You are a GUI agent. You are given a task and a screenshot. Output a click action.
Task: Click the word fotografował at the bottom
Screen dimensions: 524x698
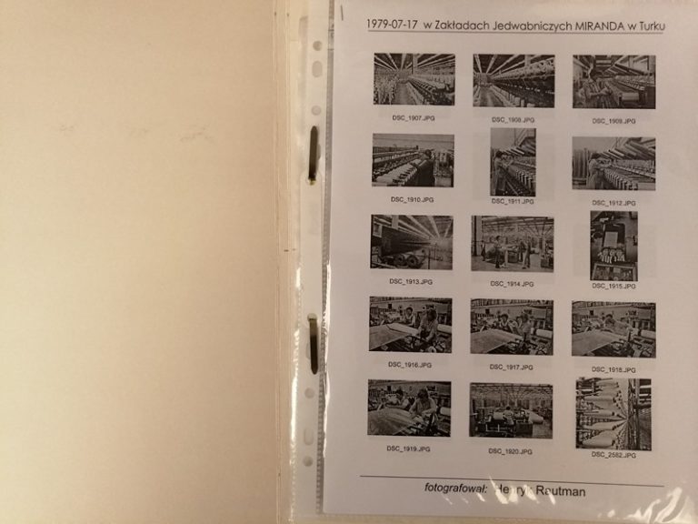pyautogui.click(x=455, y=489)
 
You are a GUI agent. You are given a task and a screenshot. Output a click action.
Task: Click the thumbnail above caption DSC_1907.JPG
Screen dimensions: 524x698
pyautogui.click(x=414, y=80)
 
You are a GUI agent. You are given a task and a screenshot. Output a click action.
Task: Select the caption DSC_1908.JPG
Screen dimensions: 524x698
pyautogui.click(x=513, y=119)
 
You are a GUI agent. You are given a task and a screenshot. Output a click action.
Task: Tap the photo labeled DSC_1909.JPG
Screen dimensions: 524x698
pyautogui.click(x=613, y=81)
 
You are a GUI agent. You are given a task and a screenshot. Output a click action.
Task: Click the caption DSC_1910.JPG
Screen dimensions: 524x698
pyautogui.click(x=412, y=199)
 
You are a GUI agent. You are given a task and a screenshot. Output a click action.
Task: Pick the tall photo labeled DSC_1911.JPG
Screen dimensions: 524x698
pyautogui.click(x=513, y=161)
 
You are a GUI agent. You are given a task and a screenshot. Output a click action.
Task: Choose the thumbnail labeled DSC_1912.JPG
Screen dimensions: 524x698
pyautogui.click(x=613, y=163)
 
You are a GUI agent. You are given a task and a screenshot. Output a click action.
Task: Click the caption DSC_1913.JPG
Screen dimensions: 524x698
pyautogui.click(x=411, y=281)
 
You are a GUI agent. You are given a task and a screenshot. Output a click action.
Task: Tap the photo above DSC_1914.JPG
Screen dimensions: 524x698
pyautogui.click(x=512, y=243)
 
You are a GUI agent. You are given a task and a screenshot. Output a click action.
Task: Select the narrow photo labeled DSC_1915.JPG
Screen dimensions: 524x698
pyautogui.click(x=613, y=246)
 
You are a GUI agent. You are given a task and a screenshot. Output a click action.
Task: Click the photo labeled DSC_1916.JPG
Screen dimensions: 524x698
pyautogui.click(x=410, y=324)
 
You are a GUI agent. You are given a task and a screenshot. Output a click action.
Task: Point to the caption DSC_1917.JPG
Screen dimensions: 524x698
pyautogui.click(x=511, y=367)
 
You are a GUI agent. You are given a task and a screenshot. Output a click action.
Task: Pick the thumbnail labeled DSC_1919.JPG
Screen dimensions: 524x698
pyautogui.click(x=409, y=408)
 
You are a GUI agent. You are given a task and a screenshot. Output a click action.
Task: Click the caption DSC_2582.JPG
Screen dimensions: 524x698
pyautogui.click(x=613, y=455)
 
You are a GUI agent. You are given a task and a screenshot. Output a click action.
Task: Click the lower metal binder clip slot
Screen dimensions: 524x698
pyautogui.click(x=313, y=343)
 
